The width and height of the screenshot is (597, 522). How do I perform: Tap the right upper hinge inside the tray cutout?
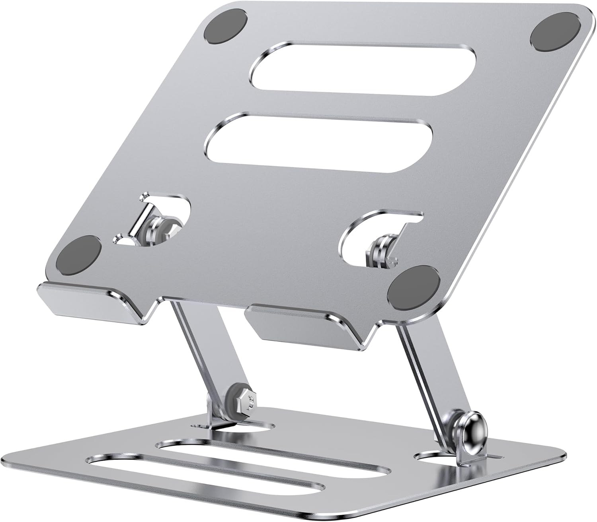pyautogui.click(x=381, y=250)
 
